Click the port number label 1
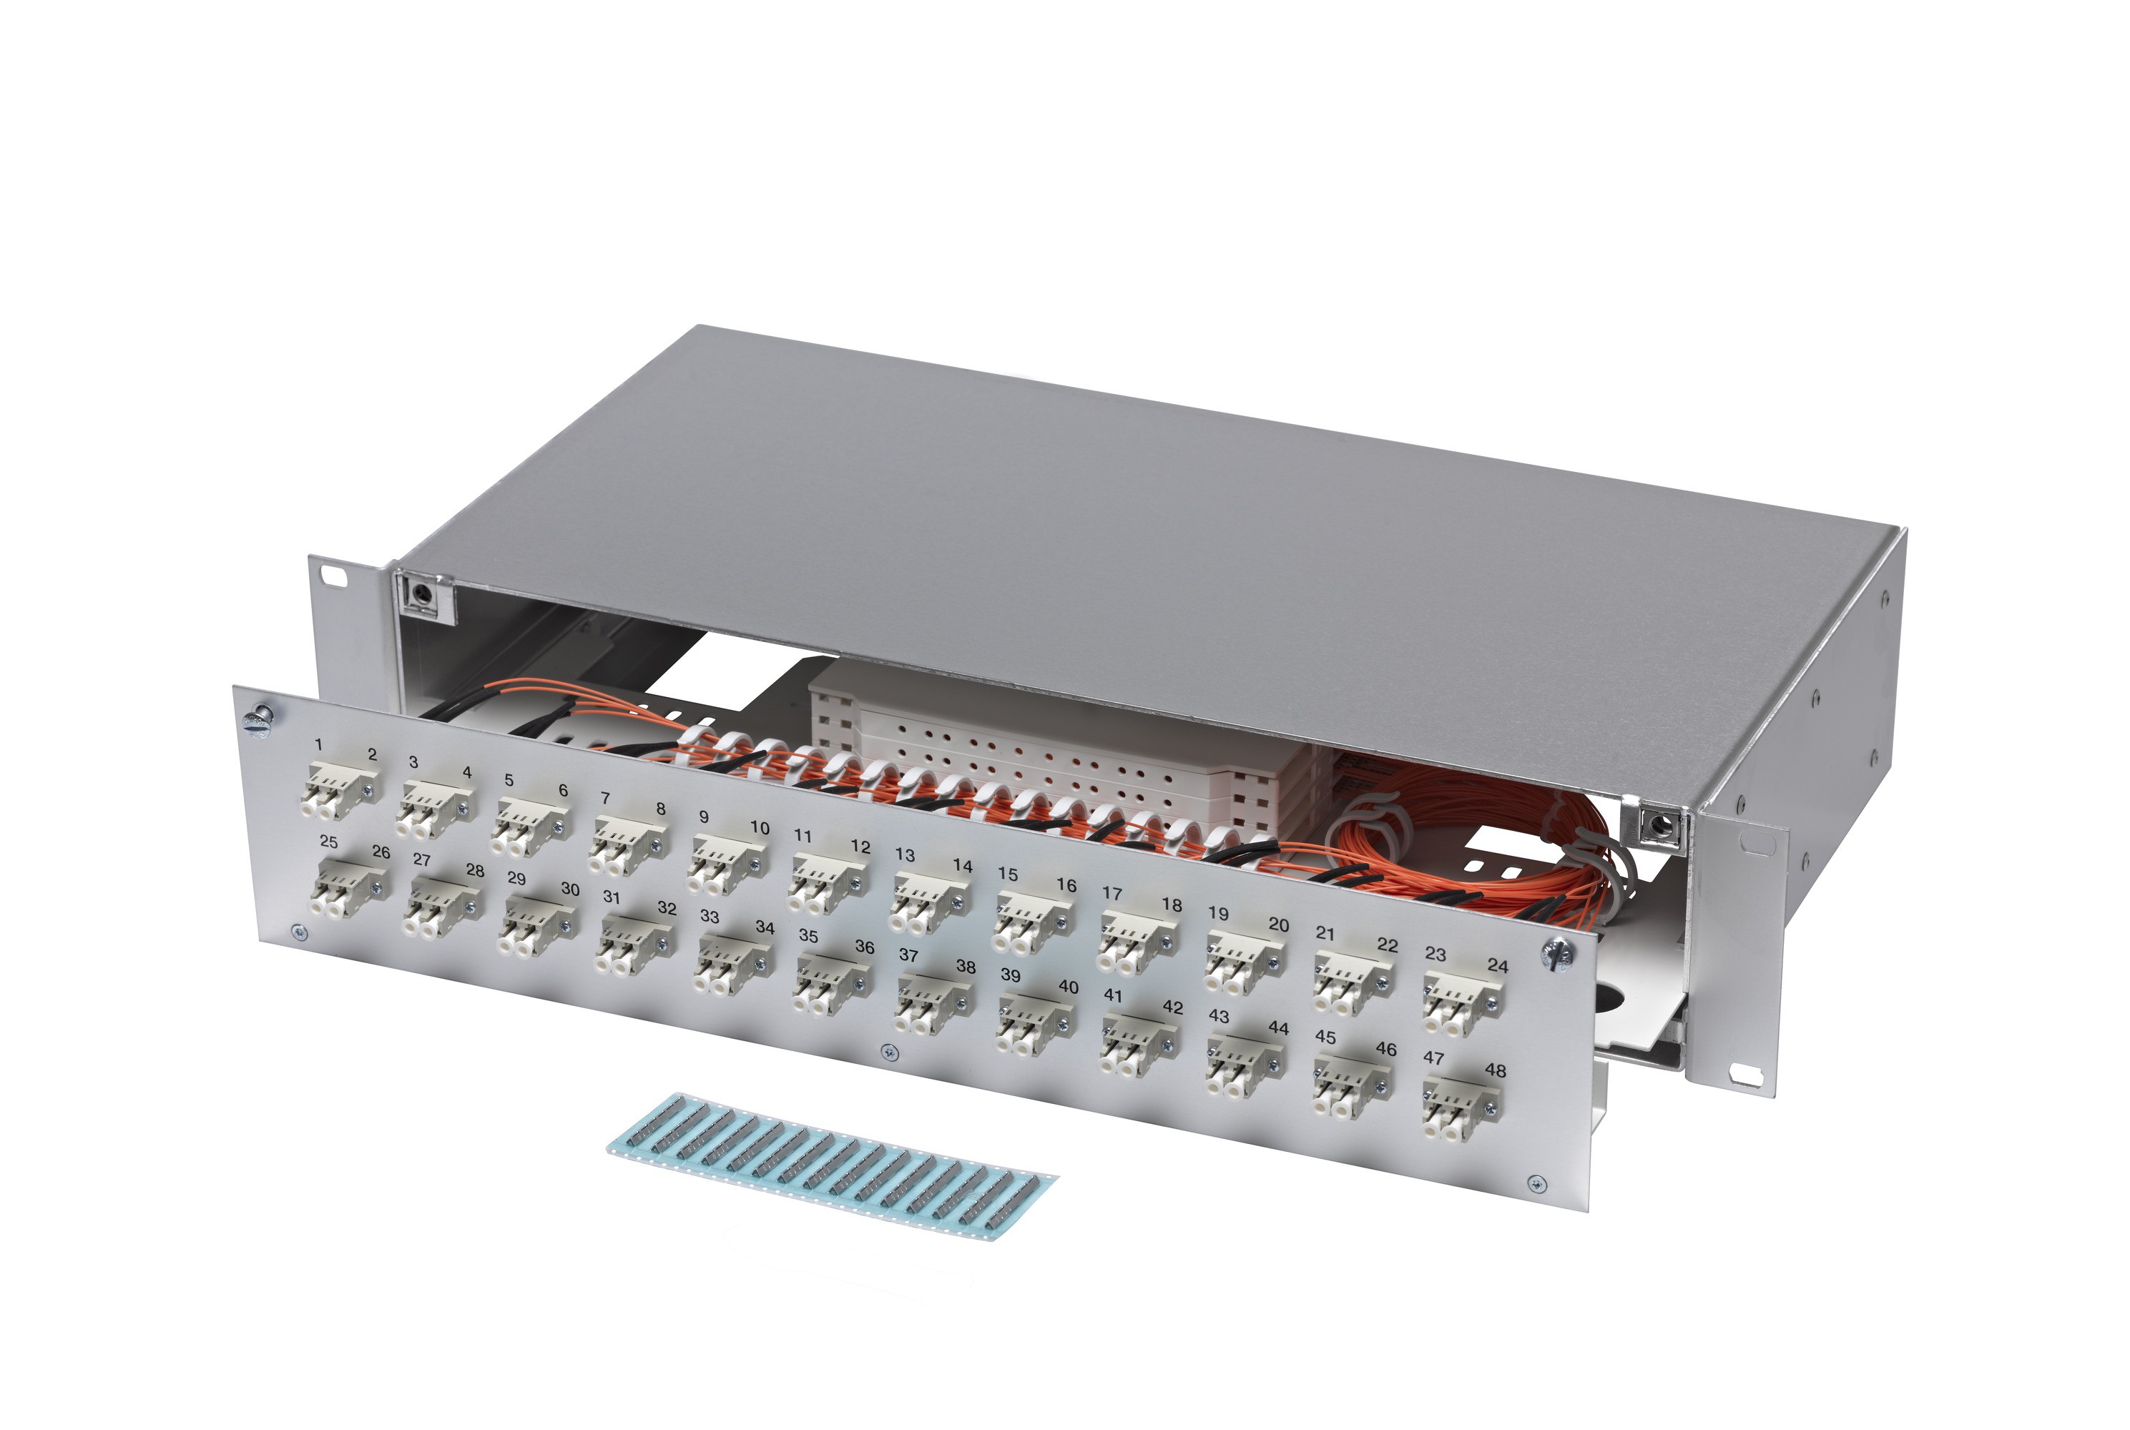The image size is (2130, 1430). tap(318, 745)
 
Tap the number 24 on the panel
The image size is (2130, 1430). tap(1497, 965)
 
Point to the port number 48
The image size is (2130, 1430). tap(1495, 1070)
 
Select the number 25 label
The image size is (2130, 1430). tap(328, 842)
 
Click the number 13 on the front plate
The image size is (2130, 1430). tap(904, 854)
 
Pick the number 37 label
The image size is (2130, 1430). tap(908, 955)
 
